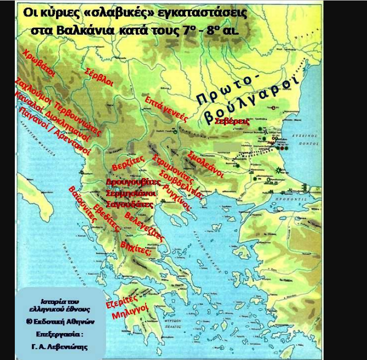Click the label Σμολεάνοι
pyautogui.click(x=205, y=163)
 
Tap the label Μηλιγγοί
pyautogui.click(x=127, y=317)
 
